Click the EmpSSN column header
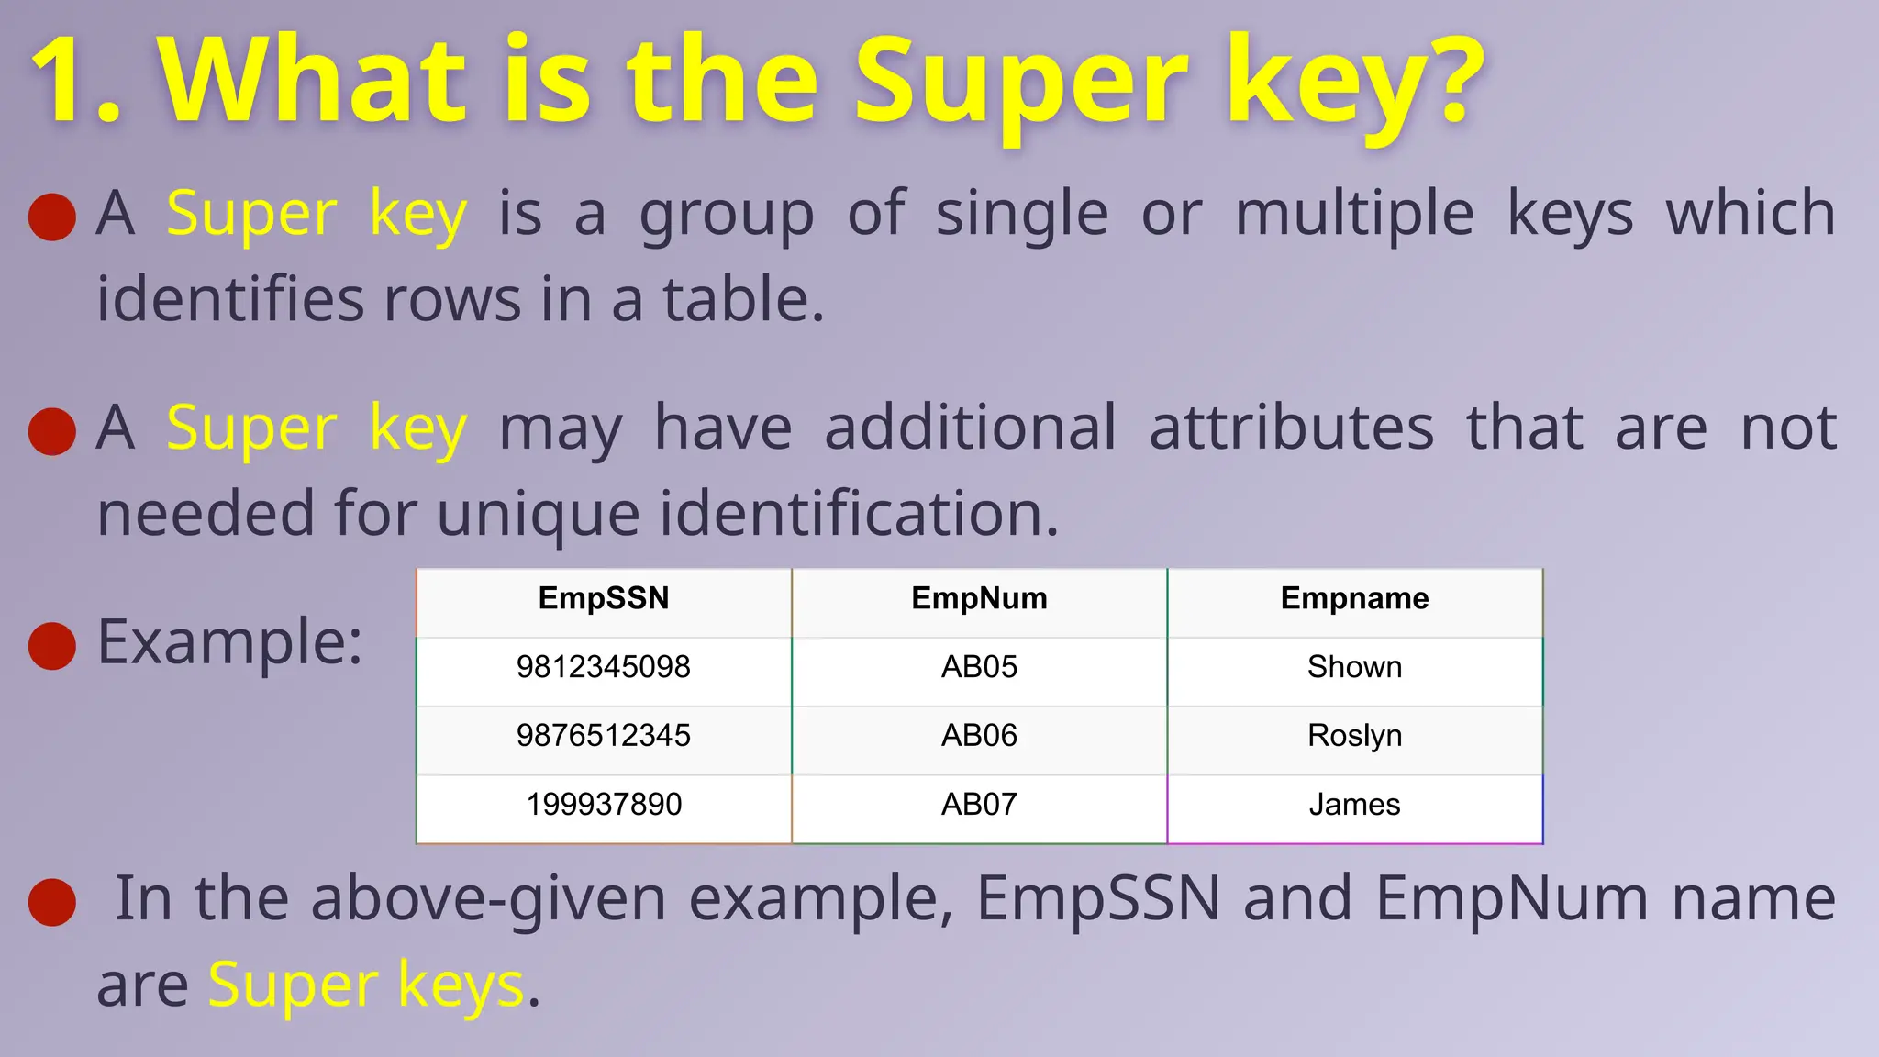click(604, 599)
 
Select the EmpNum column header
click(979, 599)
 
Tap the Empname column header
click(1354, 599)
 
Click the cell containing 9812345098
click(604, 667)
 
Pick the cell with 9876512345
click(604, 736)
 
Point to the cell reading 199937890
click(604, 805)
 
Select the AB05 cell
click(979, 667)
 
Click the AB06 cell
click(979, 736)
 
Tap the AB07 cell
click(979, 805)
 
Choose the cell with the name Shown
click(1354, 667)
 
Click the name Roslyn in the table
click(1354, 736)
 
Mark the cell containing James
click(1354, 805)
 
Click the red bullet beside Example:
click(52, 645)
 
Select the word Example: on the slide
click(230, 642)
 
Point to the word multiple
click(1354, 214)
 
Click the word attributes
click(1291, 428)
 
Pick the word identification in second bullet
click(859, 514)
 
